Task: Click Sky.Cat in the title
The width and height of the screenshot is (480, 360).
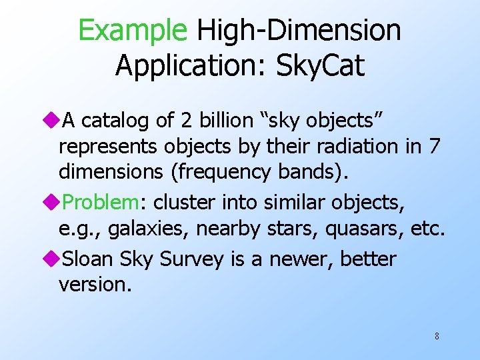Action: (x=321, y=65)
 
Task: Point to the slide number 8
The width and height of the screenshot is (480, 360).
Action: (x=437, y=336)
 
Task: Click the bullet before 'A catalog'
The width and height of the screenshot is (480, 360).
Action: (x=54, y=120)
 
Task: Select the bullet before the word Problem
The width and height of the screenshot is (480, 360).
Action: (x=54, y=202)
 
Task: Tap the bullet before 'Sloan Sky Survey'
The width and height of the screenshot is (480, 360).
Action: (x=54, y=258)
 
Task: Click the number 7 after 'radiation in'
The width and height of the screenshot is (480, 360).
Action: (x=434, y=146)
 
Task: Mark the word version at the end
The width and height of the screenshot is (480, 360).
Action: (x=93, y=285)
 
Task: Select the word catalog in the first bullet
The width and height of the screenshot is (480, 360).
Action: (x=115, y=120)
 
